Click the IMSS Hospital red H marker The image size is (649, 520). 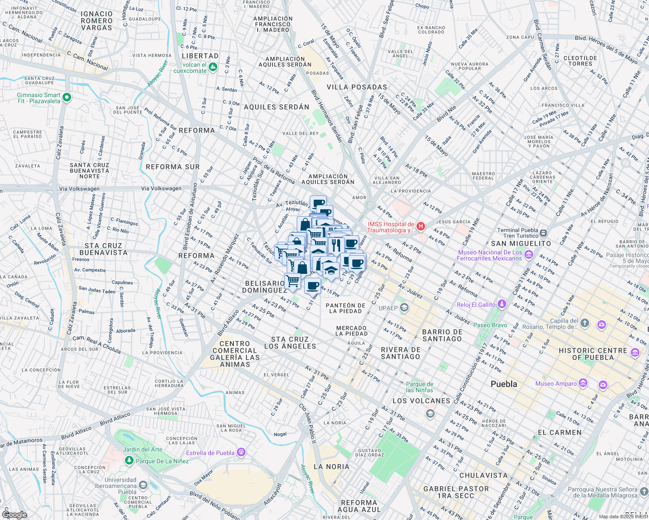[x=420, y=226]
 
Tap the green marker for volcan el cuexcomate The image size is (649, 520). [x=213, y=67]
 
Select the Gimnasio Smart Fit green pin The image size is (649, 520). [x=66, y=97]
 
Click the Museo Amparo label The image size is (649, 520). [x=556, y=383]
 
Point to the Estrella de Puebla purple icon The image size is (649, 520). [x=241, y=453]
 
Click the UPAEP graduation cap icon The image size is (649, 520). [x=404, y=308]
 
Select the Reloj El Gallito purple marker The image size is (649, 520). [x=501, y=304]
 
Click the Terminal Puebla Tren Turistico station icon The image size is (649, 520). [x=544, y=233]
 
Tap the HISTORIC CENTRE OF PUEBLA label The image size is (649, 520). [x=593, y=354]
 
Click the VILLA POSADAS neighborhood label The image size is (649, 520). [x=357, y=87]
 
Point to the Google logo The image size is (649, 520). [x=14, y=514]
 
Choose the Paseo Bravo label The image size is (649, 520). [x=490, y=325]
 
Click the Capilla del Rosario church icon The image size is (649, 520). [x=585, y=323]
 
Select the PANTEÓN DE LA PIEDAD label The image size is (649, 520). [x=345, y=308]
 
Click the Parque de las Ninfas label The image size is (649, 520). [x=420, y=387]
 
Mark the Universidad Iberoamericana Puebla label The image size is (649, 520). [x=121, y=486]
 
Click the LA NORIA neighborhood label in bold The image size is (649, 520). [x=331, y=467]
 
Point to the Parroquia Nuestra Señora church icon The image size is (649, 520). [x=644, y=491]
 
